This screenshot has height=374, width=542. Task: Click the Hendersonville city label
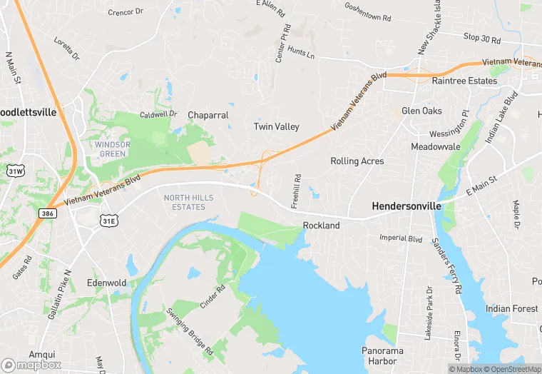click(x=406, y=206)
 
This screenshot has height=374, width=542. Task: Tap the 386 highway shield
click(x=47, y=213)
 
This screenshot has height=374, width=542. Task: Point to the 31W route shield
click(x=15, y=171)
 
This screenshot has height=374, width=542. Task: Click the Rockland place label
click(x=321, y=226)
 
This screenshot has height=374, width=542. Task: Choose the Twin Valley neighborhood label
click(x=277, y=126)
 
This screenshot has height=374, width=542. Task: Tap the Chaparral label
click(x=208, y=115)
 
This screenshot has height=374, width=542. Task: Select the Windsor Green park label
click(x=112, y=148)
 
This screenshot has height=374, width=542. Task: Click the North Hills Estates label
click(x=184, y=202)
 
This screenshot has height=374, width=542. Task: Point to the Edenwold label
click(x=106, y=283)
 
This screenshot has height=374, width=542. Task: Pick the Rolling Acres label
click(x=357, y=161)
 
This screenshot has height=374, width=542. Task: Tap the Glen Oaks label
click(x=421, y=111)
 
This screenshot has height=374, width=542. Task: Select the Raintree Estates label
click(x=464, y=81)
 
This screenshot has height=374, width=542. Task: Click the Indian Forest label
click(x=512, y=308)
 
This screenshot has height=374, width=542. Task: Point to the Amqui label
click(x=42, y=354)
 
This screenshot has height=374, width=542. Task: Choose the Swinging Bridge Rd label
click(x=190, y=331)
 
